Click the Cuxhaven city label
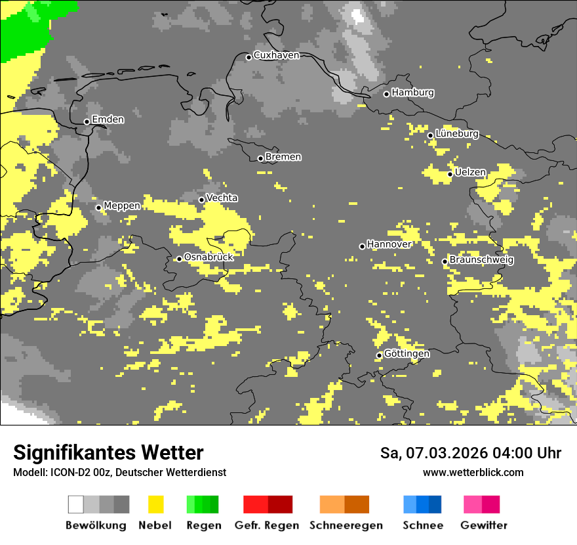pos(276,55)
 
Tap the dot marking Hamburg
pos(387,94)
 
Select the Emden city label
pos(108,120)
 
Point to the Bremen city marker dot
pos(260,158)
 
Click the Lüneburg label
pos(457,134)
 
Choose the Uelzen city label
pos(470,173)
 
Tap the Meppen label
pos(122,206)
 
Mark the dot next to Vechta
pos(202,200)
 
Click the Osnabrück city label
pos(209,257)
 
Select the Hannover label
pos(389,244)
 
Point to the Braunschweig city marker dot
pos(445,261)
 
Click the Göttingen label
pos(407,354)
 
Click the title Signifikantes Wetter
pos(108,453)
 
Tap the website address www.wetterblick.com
pos(473,473)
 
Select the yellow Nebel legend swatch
pos(155,504)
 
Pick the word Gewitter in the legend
pos(484,525)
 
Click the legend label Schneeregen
pos(346,525)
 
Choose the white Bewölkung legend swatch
pos(76,504)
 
